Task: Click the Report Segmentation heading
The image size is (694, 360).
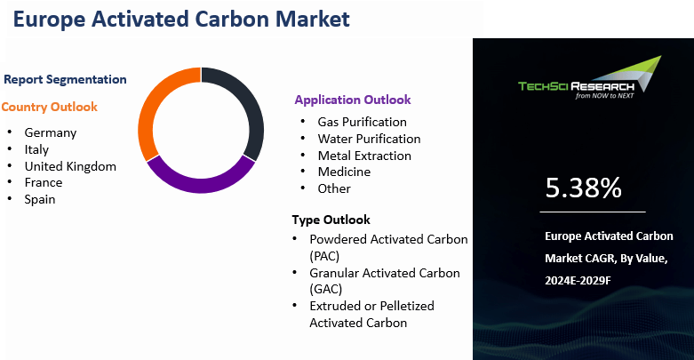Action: pyautogui.click(x=65, y=79)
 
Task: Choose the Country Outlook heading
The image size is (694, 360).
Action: pyautogui.click(x=50, y=107)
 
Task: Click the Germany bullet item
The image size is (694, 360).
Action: pyautogui.click(x=50, y=132)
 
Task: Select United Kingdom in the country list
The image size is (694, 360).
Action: pyautogui.click(x=70, y=165)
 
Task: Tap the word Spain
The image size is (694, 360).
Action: pyautogui.click(x=40, y=199)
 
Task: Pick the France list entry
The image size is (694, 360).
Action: pyautogui.click(x=44, y=182)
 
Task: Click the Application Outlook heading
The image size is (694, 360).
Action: pyautogui.click(x=353, y=100)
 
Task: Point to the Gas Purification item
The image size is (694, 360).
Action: pyautogui.click(x=362, y=122)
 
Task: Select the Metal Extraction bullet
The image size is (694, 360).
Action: pyautogui.click(x=364, y=156)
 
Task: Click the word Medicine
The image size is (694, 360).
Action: pyautogui.click(x=344, y=172)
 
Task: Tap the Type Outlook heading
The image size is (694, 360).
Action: pyautogui.click(x=331, y=220)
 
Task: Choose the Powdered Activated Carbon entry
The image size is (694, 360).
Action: pyautogui.click(x=388, y=239)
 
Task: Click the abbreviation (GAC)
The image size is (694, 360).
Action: pyautogui.click(x=324, y=289)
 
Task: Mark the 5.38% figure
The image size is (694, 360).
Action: pyautogui.click(x=583, y=188)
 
